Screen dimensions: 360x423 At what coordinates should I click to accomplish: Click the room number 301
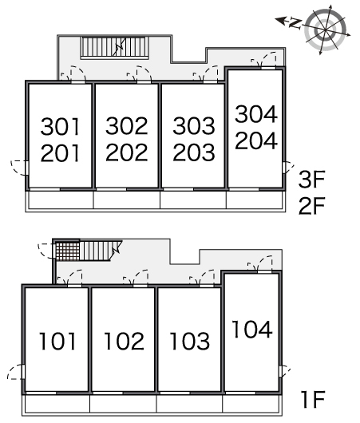pos(61,126)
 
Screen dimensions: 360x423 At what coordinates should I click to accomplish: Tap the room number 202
pos(127,152)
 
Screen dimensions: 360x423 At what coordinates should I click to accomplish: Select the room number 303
pos(194,126)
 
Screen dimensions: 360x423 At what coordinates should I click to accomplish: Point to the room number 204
pos(256,140)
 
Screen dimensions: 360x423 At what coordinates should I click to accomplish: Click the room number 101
pos(57,342)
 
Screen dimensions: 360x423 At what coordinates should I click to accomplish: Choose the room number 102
pos(124,342)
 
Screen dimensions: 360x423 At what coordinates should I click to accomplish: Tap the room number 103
pos(190,342)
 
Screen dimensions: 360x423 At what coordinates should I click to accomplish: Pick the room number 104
pos(252,329)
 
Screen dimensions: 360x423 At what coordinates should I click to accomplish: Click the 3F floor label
pos(311,179)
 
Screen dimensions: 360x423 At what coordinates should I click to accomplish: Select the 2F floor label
pos(311,206)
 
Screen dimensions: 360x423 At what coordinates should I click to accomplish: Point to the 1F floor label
pos(313,400)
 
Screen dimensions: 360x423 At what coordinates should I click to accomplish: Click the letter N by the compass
pos(295,23)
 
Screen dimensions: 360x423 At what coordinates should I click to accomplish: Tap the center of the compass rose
pos(326,30)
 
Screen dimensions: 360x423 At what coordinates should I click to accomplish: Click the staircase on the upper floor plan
pos(115,47)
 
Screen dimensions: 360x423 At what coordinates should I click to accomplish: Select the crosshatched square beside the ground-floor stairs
pos(68,251)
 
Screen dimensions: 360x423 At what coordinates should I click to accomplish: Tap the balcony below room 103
pos(190,404)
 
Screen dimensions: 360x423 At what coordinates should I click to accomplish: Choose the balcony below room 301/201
pos(61,200)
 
